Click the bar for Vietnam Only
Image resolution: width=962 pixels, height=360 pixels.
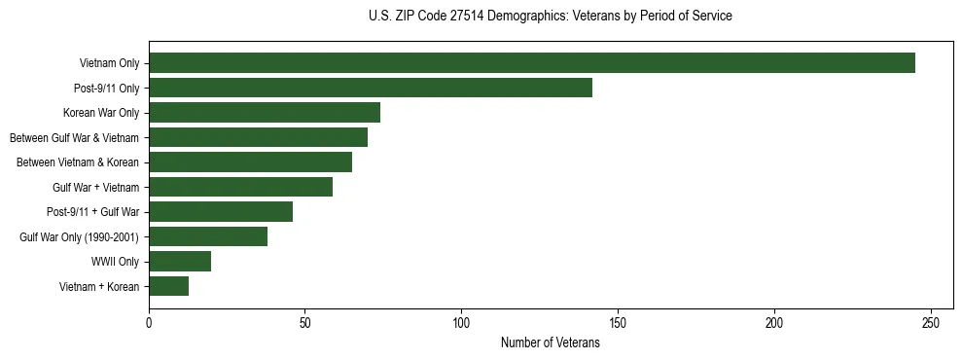(532, 63)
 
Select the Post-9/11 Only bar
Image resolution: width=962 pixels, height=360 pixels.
(371, 88)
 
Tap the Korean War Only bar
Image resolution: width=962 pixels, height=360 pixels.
(265, 112)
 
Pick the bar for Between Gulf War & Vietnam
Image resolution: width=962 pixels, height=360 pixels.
(258, 137)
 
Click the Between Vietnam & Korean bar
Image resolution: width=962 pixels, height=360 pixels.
(250, 162)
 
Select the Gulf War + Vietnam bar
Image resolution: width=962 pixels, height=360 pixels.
(240, 187)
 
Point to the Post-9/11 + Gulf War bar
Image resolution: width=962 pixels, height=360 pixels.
(221, 211)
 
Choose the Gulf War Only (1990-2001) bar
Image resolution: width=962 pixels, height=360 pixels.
(208, 236)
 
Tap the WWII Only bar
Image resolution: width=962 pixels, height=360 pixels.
(180, 261)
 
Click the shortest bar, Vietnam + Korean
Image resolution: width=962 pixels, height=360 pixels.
(168, 286)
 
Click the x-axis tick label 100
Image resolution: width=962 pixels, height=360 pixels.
(462, 322)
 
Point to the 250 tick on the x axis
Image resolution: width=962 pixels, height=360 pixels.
(931, 322)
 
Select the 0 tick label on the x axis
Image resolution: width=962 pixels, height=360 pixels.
(149, 322)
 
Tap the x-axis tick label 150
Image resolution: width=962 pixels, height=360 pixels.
(618, 322)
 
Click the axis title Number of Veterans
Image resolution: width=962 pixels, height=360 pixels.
(550, 343)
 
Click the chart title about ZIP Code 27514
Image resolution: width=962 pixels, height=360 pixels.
(550, 17)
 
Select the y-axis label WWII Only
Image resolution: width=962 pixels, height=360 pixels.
(115, 262)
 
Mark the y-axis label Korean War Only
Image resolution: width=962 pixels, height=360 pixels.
(101, 113)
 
